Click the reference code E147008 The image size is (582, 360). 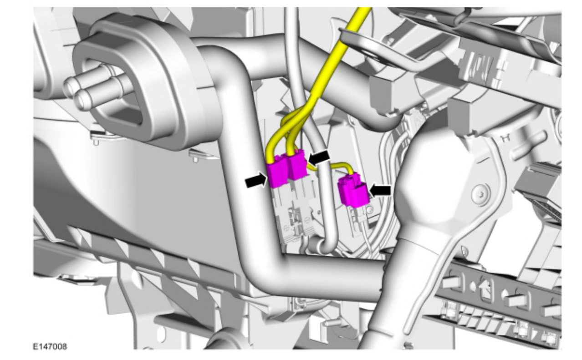[x=50, y=347]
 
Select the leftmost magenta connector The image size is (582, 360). [x=277, y=171]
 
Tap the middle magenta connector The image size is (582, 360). [x=296, y=165]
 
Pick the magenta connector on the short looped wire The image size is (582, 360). [x=353, y=190]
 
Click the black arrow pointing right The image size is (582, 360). [x=256, y=181]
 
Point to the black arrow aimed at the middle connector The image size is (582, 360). [x=318, y=157]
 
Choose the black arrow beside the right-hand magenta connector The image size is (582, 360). [x=380, y=191]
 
